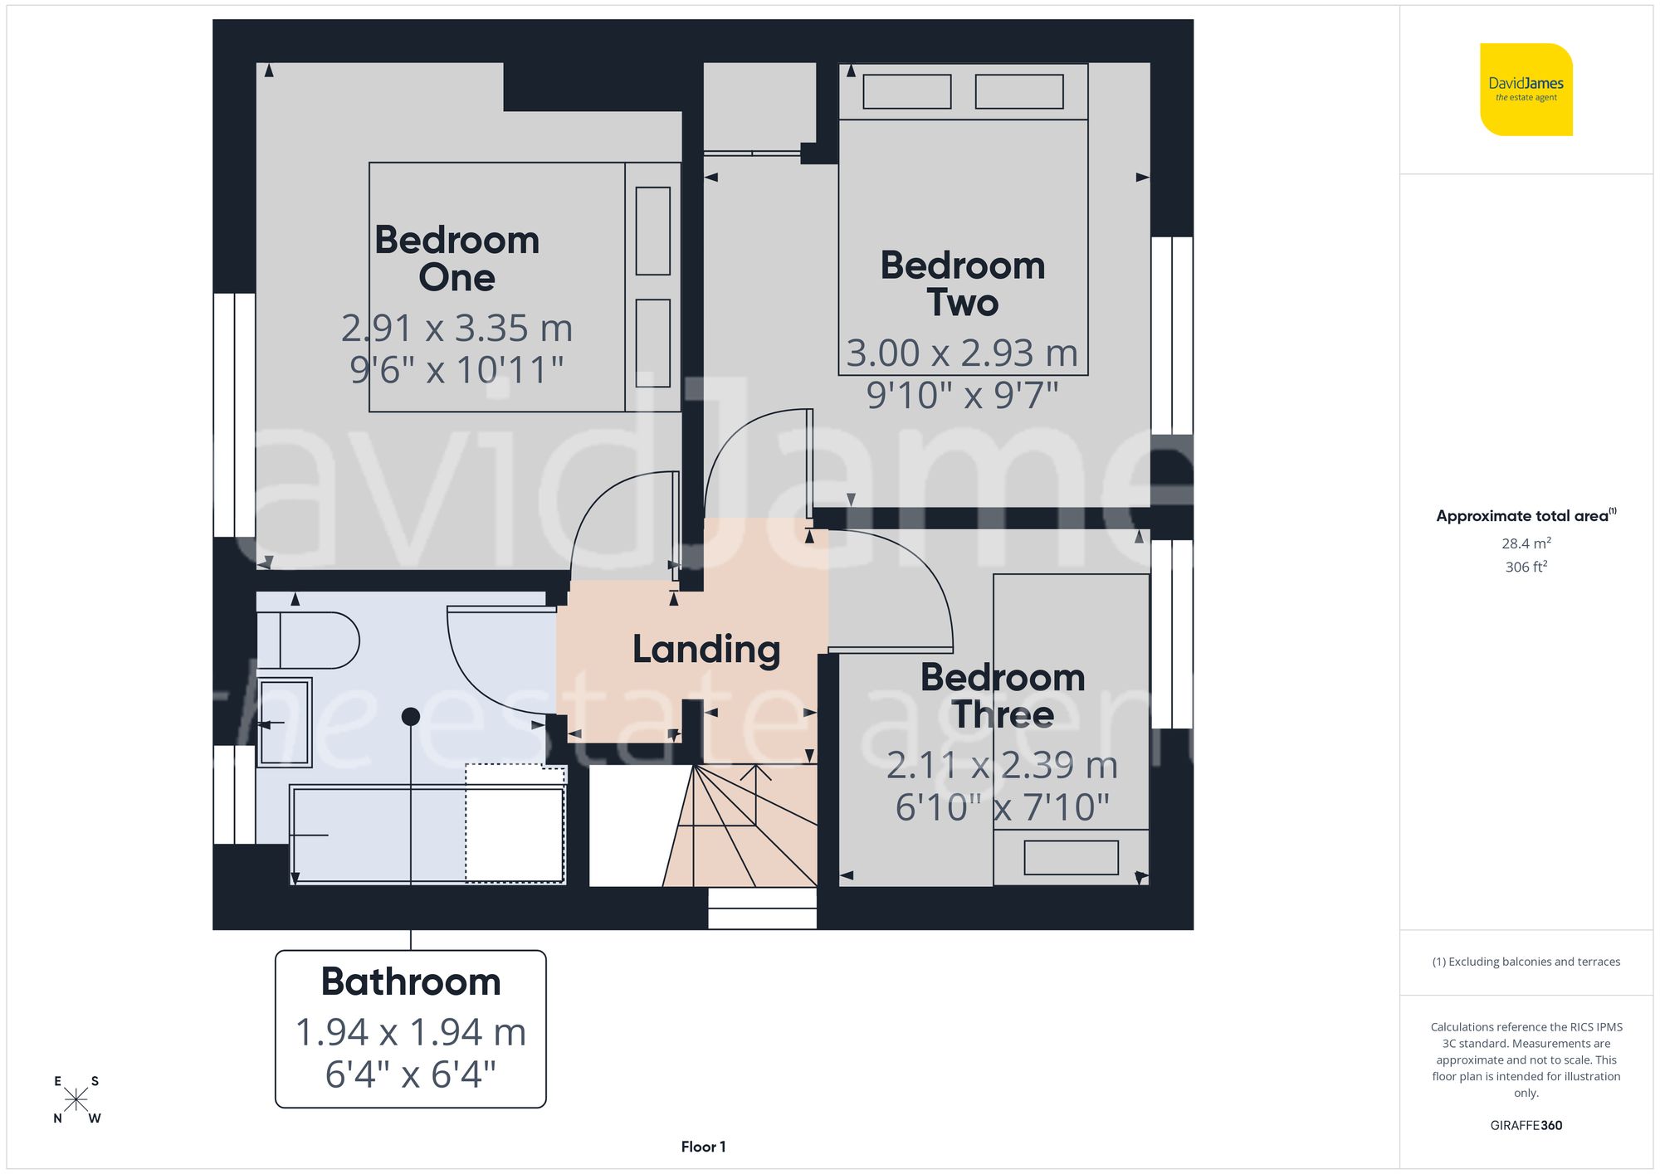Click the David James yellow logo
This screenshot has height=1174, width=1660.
1526,90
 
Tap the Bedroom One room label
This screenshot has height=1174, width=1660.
456,258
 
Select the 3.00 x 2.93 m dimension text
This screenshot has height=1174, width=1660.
962,353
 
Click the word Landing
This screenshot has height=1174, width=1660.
706,649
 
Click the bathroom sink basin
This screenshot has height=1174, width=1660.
285,723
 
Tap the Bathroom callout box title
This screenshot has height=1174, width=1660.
411,982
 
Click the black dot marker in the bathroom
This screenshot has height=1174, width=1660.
411,716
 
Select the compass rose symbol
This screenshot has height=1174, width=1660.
76,1099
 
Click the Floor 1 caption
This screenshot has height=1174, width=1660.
703,1147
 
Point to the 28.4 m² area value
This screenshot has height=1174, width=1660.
1526,543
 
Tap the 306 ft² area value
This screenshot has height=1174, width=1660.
1526,567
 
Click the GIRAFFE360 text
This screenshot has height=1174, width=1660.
1526,1125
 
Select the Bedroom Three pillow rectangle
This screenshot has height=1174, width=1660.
1071,858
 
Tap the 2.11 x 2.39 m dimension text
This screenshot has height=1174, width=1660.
1002,765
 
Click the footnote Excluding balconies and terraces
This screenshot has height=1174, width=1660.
1526,962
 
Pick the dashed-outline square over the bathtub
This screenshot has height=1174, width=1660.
515,823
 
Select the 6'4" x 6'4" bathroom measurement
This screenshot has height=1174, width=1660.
411,1074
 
